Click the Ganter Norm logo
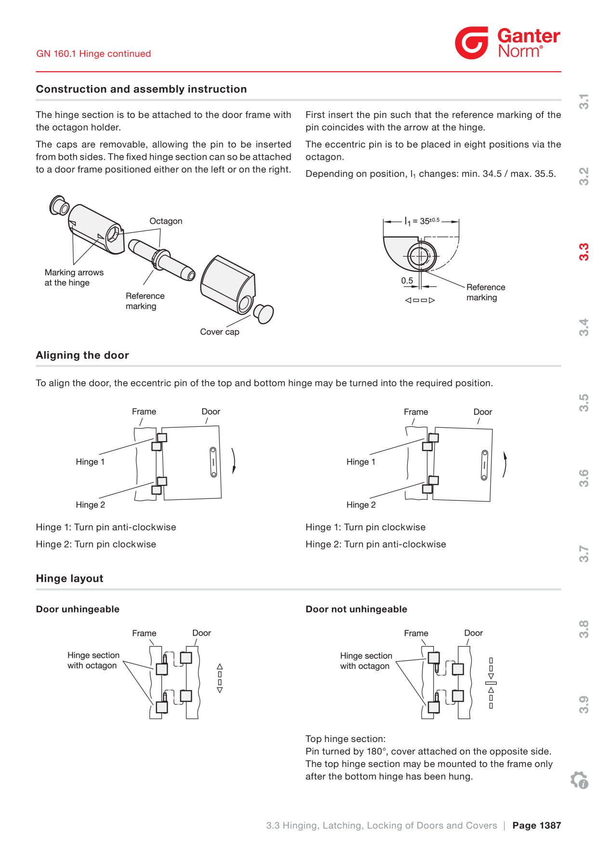click(507, 43)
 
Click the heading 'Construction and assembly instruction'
click(142, 89)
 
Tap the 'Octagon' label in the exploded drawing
click(166, 221)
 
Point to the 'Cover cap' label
click(220, 332)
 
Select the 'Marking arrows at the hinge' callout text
click(74, 278)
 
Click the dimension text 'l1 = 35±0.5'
click(422, 221)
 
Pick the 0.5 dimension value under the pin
click(407, 281)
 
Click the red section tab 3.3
click(584, 252)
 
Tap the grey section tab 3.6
click(584, 478)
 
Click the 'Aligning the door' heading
click(82, 355)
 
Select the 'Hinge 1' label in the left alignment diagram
click(90, 462)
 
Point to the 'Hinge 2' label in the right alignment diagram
click(361, 505)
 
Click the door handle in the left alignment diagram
click(213, 462)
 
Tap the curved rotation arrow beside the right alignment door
click(505, 464)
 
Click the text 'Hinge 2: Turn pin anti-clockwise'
click(376, 544)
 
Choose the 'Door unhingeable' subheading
click(78, 609)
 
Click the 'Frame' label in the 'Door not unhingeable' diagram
click(416, 633)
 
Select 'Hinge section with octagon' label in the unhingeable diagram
click(93, 660)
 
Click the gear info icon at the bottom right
click(579, 780)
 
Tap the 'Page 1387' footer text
click(537, 825)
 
